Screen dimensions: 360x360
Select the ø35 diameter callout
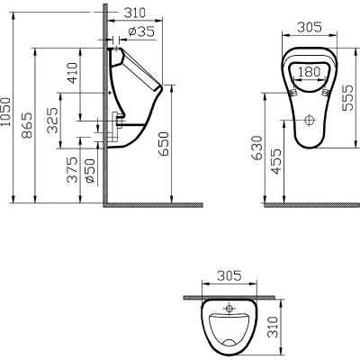tap(141, 32)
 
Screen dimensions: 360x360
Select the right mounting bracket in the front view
tap(325, 91)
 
